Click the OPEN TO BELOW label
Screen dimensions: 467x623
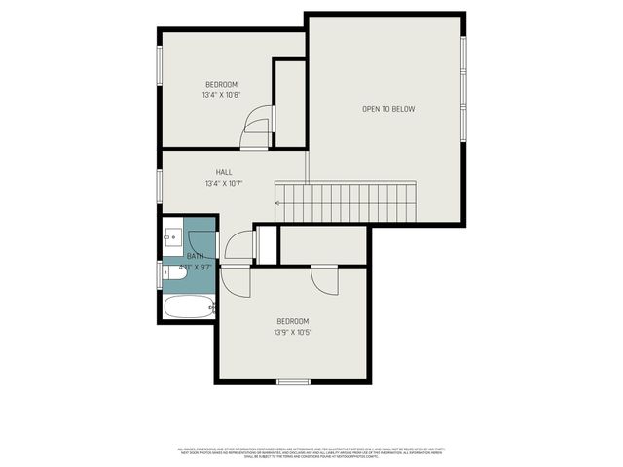point(388,109)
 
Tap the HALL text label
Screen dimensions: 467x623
point(224,172)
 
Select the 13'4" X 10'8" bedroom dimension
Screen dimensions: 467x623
point(222,95)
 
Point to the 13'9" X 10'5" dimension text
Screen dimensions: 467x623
point(292,333)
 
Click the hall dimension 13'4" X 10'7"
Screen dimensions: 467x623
point(224,183)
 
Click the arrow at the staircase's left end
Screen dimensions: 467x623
point(279,203)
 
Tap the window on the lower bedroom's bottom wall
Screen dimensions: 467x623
point(293,381)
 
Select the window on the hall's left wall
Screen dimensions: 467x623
point(160,185)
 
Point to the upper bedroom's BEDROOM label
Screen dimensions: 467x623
point(222,85)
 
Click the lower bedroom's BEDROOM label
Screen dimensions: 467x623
point(292,322)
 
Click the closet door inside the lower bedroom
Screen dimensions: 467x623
point(325,280)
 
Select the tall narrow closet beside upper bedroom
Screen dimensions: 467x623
point(290,102)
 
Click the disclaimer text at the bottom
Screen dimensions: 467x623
point(310,452)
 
